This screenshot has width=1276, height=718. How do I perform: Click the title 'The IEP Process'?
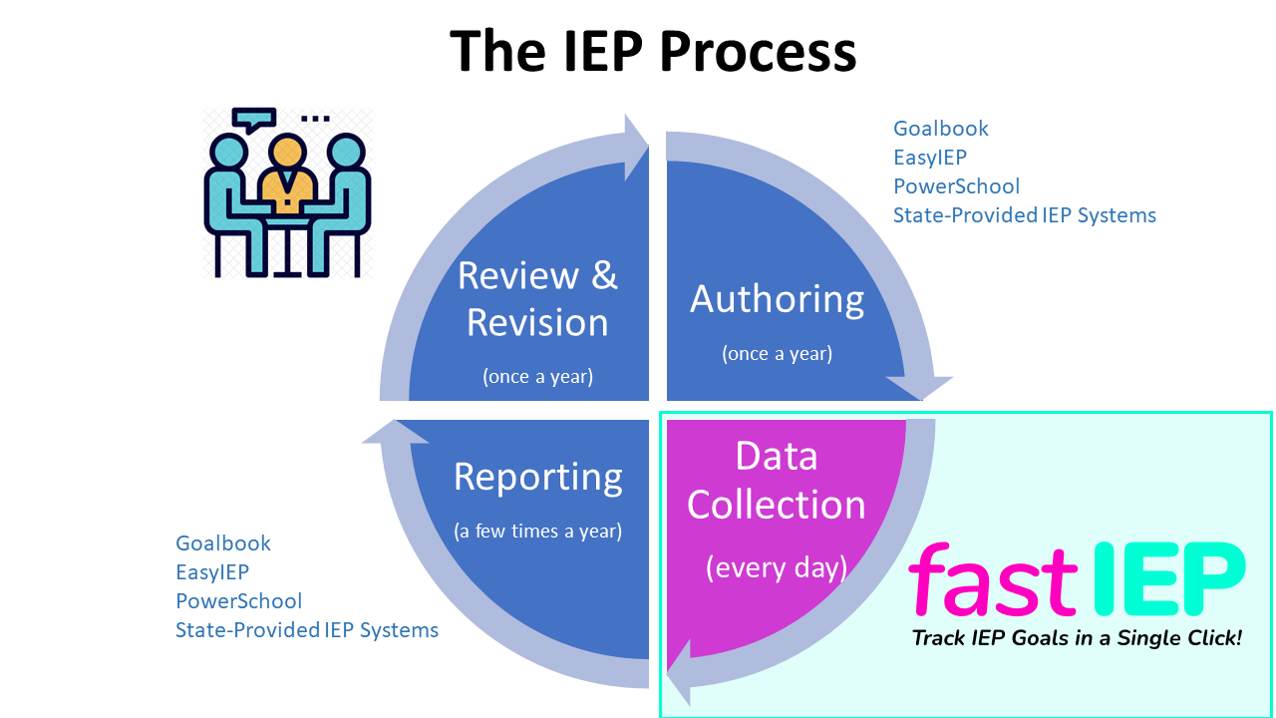pos(653,52)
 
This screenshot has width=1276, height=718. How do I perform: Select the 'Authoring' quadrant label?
pos(777,299)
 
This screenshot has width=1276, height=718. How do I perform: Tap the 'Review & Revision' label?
pos(537,299)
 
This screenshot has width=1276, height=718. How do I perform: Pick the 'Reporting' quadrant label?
pos(537,477)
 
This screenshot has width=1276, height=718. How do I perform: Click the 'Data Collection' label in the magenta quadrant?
pos(777,481)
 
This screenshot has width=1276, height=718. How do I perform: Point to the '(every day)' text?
pos(777,567)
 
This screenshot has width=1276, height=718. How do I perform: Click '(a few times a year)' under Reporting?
pos(537,532)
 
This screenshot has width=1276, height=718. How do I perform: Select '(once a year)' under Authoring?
pos(777,354)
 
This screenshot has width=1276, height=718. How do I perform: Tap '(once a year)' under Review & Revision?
pos(537,377)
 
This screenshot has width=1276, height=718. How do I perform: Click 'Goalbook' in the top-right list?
pos(940,129)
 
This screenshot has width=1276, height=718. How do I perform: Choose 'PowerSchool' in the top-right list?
pos(956,186)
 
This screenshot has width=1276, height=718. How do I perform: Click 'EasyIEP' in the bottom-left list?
pos(212,572)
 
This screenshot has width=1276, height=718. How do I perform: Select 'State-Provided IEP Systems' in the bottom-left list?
pos(307,629)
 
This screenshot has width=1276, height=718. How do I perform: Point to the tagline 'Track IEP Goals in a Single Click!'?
pos(1078,638)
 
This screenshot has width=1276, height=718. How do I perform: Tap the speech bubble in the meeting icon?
pos(254,120)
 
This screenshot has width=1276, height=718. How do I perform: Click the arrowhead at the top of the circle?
pos(635,147)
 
